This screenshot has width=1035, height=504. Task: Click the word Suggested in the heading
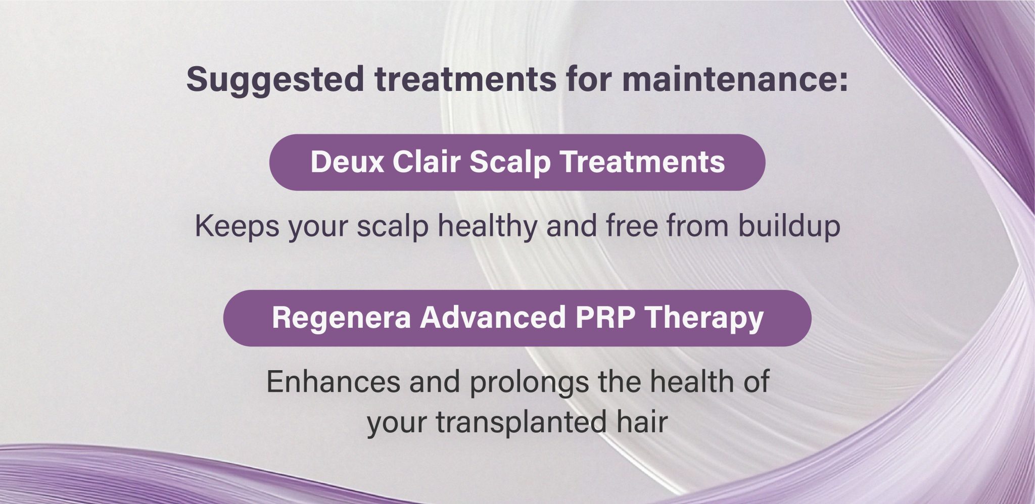click(x=275, y=80)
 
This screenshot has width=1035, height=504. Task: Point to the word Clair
click(x=427, y=162)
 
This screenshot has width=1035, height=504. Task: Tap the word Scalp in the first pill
click(x=510, y=163)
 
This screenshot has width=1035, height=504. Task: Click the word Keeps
click(x=237, y=226)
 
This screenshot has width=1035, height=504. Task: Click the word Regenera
click(x=341, y=318)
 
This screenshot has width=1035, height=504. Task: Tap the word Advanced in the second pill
click(x=493, y=317)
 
